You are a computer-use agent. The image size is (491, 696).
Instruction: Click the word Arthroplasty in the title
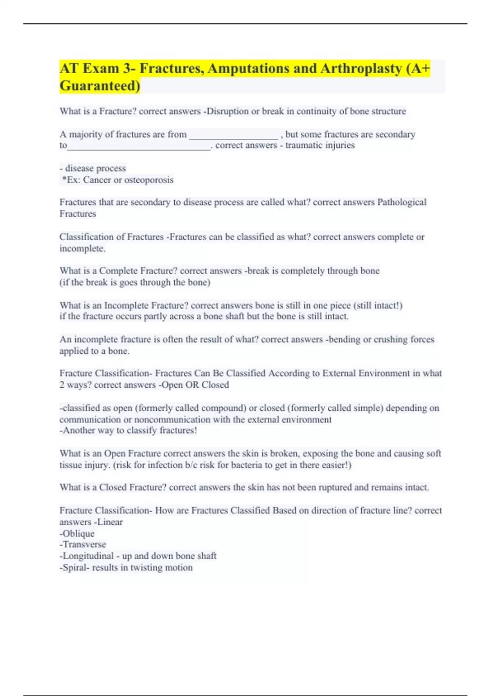[361, 68]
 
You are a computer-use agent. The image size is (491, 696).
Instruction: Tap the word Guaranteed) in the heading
[100, 86]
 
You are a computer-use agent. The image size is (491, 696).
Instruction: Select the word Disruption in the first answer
[227, 111]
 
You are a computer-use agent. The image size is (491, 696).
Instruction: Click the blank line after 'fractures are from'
[233, 135]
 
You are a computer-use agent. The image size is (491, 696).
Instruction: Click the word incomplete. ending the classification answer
[82, 249]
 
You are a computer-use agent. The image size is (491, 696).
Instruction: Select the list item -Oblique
[77, 534]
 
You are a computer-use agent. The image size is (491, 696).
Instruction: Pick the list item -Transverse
[83, 545]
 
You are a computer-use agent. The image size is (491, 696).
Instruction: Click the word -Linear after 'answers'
[108, 522]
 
